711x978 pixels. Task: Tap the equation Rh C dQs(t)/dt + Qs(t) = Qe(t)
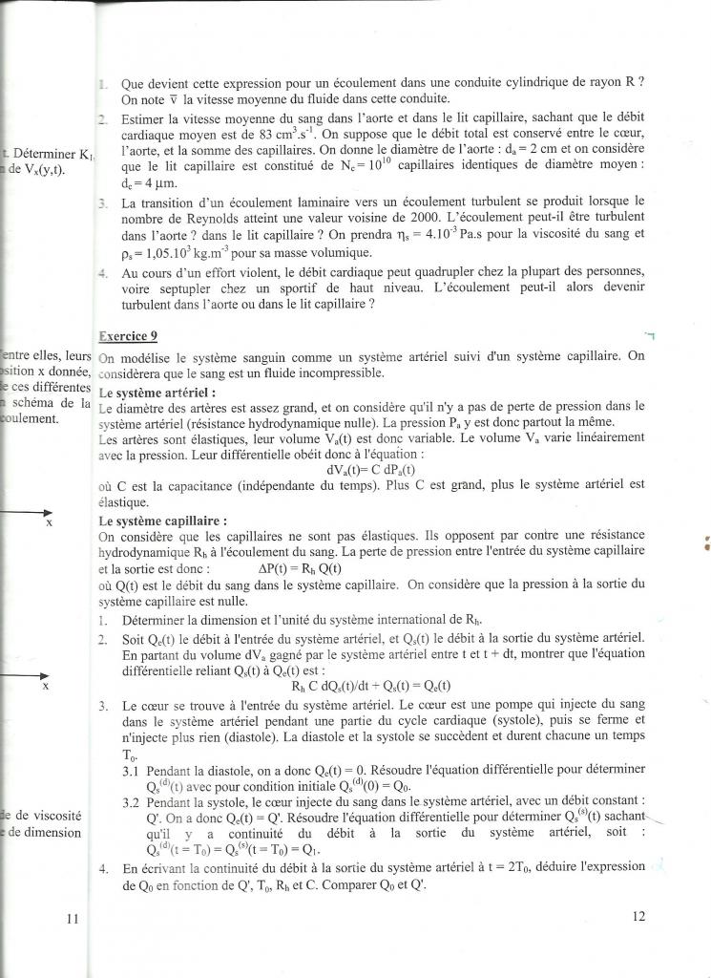371,685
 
